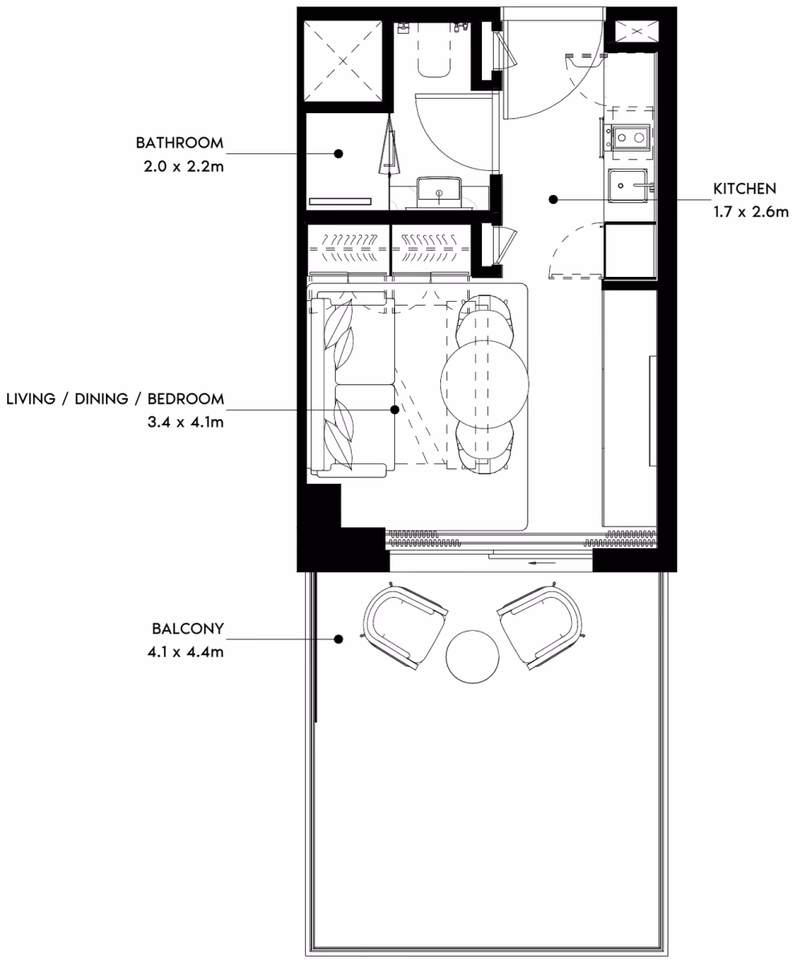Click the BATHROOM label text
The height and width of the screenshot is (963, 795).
click(180, 143)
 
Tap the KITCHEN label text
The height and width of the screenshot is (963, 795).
click(744, 189)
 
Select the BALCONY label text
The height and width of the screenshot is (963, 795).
click(188, 628)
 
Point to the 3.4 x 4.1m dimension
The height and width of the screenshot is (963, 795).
click(185, 422)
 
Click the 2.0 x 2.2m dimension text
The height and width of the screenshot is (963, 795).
click(184, 166)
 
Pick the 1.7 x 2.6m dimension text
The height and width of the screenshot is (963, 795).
click(751, 212)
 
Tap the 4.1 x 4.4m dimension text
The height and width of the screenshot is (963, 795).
click(185, 652)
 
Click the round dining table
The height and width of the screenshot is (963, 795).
click(485, 383)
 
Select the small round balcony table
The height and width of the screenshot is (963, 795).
click(472, 656)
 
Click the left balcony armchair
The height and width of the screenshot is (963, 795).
click(404, 626)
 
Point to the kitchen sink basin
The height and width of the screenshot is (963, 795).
click(627, 186)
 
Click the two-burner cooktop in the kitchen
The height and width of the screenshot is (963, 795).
click(630, 137)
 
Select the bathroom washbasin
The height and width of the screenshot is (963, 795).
click(439, 193)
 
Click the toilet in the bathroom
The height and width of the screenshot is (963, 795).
click(434, 60)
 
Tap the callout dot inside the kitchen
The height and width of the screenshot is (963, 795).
click(553, 199)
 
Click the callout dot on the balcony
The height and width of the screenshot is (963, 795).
click(338, 640)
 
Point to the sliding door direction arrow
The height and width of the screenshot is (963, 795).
click(543, 563)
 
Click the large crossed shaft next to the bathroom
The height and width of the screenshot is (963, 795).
click(343, 61)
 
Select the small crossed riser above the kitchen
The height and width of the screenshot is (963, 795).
click(636, 31)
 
